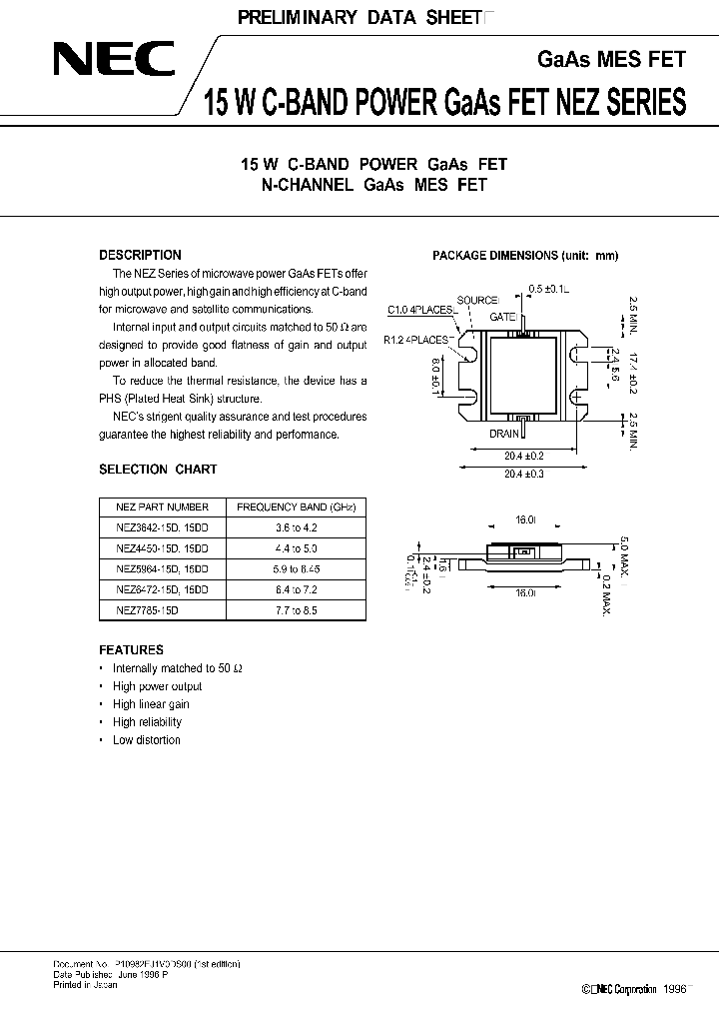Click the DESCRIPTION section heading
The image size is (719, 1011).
click(x=141, y=255)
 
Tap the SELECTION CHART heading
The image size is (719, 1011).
click(x=158, y=469)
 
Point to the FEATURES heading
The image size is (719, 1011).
click(x=132, y=650)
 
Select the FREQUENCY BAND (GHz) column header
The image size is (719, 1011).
click(x=295, y=506)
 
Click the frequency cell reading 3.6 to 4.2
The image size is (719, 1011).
click(x=295, y=526)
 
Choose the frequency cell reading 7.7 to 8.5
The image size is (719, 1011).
click(x=295, y=608)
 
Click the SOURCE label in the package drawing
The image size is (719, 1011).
click(x=477, y=300)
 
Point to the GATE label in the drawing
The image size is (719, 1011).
click(x=500, y=316)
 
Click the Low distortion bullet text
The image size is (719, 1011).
click(x=147, y=740)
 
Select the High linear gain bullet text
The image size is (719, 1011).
click(x=151, y=704)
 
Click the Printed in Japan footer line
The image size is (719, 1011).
click(x=85, y=985)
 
